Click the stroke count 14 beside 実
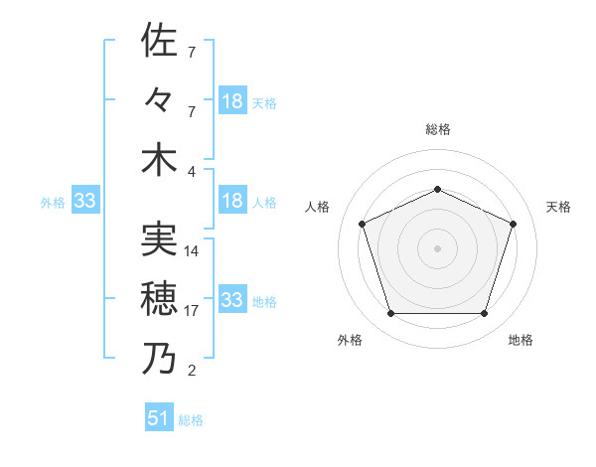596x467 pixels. click(192, 251)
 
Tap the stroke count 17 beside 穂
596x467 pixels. click(192, 311)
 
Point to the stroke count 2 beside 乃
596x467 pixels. click(192, 372)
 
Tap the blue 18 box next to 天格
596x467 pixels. click(232, 100)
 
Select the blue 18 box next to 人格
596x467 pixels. click(232, 201)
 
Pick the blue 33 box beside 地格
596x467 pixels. click(232, 300)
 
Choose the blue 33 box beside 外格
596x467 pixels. click(84, 202)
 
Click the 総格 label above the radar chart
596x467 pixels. click(437, 129)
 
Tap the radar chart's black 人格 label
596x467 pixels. click(318, 207)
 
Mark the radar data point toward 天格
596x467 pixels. click(514, 224)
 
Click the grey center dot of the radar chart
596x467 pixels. click(437, 248)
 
